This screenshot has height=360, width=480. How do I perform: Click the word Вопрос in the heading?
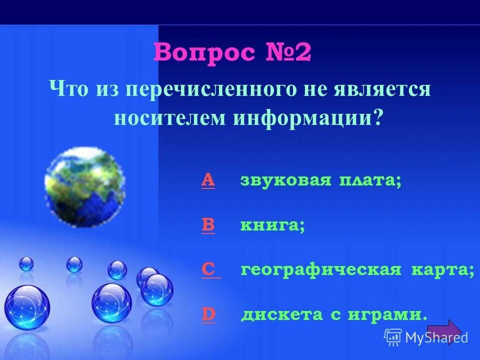pyautogui.click(x=204, y=53)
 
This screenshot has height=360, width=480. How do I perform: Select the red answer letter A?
pyautogui.click(x=208, y=180)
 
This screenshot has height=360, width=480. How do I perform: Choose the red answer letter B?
pyautogui.click(x=208, y=225)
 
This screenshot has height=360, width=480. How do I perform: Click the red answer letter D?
pyautogui.click(x=208, y=314)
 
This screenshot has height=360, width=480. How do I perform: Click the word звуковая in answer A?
pyautogui.click(x=286, y=180)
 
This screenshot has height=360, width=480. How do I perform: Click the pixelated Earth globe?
pyautogui.click(x=84, y=186)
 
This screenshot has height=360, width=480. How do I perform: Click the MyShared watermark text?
pyautogui.click(x=437, y=337)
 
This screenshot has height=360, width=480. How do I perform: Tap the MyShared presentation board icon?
pyautogui.click(x=393, y=337)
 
